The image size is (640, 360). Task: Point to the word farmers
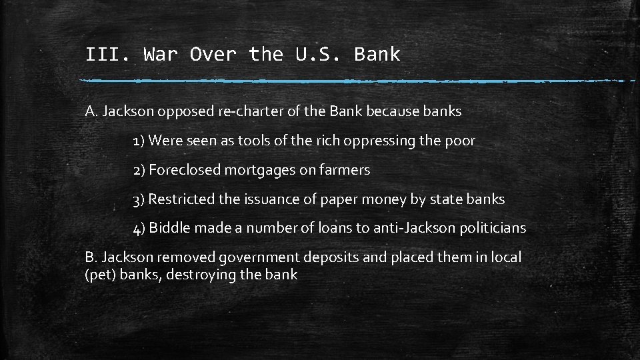point(345,170)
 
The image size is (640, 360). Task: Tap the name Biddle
point(170,228)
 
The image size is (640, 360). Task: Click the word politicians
point(494,228)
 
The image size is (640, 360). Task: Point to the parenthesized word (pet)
point(101,275)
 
